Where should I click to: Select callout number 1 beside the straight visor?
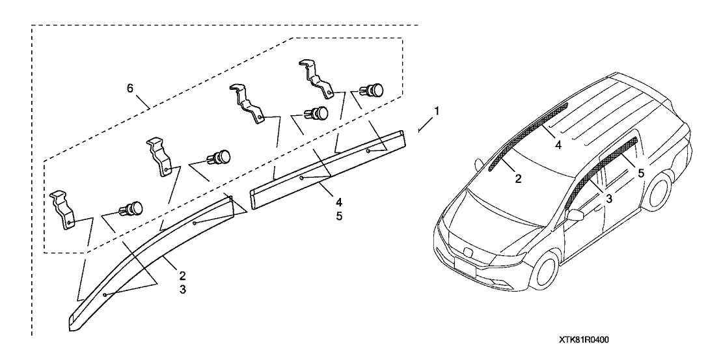437,111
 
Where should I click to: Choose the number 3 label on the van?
608,199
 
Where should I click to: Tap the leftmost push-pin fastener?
130,209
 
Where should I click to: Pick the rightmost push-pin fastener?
373,89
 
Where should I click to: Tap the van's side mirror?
575,216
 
